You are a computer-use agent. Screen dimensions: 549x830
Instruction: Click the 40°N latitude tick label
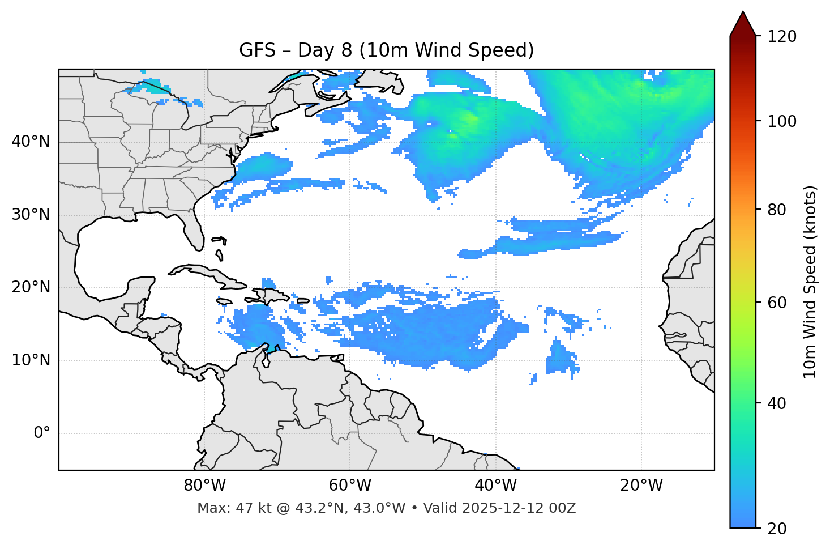tap(31, 142)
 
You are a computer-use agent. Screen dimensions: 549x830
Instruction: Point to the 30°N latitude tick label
tap(31, 215)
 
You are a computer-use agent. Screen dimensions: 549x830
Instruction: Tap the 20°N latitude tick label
tap(31, 287)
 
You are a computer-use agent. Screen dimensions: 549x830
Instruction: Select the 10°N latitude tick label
tap(31, 360)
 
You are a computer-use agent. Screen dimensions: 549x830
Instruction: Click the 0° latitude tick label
tap(42, 433)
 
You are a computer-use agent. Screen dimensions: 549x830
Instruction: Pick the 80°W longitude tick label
tap(204, 486)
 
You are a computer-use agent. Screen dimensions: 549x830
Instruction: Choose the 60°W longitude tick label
tap(350, 486)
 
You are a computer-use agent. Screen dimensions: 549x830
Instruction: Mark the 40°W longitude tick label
tap(496, 486)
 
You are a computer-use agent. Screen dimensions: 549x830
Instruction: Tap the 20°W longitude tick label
tap(641, 486)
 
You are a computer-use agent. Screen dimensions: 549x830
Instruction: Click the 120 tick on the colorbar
tap(782, 37)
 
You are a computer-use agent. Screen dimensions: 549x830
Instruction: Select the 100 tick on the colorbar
tap(782, 121)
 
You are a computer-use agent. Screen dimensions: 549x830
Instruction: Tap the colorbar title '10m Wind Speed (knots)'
tap(810, 282)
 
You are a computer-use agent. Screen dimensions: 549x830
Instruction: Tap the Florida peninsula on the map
tap(194, 232)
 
